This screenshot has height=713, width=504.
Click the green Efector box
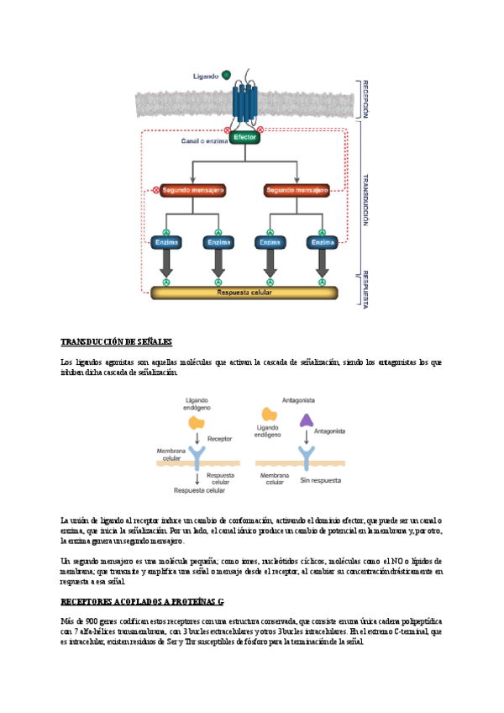click(245, 137)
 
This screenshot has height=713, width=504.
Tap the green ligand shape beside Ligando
click(227, 76)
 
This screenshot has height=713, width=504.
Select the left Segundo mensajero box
click(192, 190)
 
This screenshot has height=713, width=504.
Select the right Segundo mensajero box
click(297, 190)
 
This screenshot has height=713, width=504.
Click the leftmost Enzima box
click(166, 242)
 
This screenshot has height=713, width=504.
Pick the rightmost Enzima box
click(323, 242)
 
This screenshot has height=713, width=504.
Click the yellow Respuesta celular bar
click(244, 293)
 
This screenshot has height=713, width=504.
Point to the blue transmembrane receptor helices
click(244, 101)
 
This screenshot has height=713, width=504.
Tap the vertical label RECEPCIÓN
click(365, 98)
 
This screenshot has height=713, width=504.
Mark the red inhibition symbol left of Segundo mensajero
click(155, 190)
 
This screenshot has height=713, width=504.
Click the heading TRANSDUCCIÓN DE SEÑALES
click(117, 342)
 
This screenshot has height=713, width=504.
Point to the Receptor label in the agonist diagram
click(219, 439)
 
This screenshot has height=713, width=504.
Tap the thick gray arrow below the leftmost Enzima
click(166, 266)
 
